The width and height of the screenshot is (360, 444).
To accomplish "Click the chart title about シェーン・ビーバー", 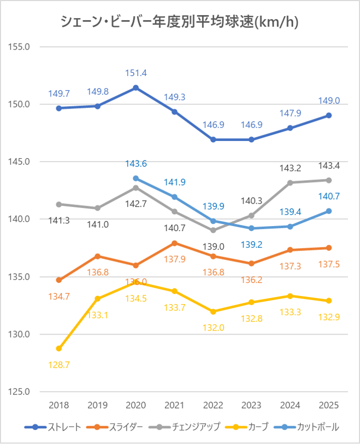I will point(179,22).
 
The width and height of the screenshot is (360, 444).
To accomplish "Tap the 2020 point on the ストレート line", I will point(136,88).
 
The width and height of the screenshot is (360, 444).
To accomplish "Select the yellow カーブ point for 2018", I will point(59,349).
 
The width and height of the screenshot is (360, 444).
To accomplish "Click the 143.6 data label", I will point(136,164).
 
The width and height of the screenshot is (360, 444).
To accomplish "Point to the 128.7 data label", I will point(59,364).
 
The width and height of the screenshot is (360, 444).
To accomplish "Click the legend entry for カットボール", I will point(305,427).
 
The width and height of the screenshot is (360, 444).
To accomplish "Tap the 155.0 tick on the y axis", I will point(21,47).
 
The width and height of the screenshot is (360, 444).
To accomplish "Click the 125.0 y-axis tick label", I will point(21,392).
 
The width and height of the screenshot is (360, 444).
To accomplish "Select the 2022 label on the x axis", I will point(213,405).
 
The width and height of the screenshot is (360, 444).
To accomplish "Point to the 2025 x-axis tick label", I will point(329,405).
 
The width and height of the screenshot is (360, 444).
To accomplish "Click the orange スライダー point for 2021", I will point(174,243).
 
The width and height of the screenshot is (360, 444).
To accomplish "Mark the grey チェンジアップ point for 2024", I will point(290,182).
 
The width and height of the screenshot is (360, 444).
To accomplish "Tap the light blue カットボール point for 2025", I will point(329,211).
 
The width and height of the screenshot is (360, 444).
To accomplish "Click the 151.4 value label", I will point(136,73).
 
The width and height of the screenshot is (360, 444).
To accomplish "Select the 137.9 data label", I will point(174,259).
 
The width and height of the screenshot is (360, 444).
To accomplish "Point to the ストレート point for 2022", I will point(213,139).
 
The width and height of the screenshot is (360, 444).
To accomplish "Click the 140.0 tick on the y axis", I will point(21,219).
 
